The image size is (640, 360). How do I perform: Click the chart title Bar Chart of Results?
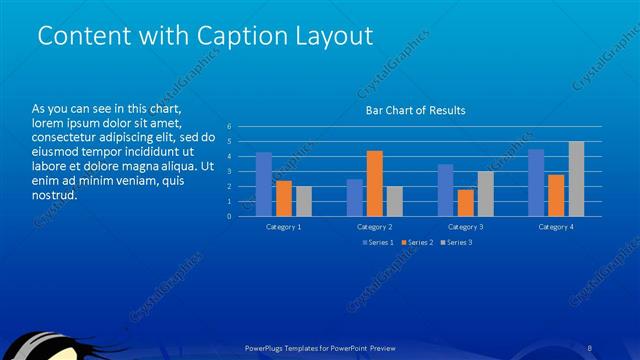415,110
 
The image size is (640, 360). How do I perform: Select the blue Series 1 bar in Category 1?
264,184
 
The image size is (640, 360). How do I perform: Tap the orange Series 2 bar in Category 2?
374,183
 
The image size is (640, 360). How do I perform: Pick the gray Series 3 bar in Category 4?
576,178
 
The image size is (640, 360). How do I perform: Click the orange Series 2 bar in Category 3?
465,203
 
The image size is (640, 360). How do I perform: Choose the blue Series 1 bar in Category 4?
536,182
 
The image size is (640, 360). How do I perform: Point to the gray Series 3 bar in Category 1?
304,201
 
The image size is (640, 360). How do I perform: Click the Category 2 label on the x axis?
374,227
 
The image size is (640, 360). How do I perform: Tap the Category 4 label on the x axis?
556,227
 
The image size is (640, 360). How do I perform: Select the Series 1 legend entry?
378,242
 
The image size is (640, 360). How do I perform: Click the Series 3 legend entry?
457,242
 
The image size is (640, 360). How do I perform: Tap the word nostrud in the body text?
55,194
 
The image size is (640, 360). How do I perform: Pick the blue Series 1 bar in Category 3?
445,190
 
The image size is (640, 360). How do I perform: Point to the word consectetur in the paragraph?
65,137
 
